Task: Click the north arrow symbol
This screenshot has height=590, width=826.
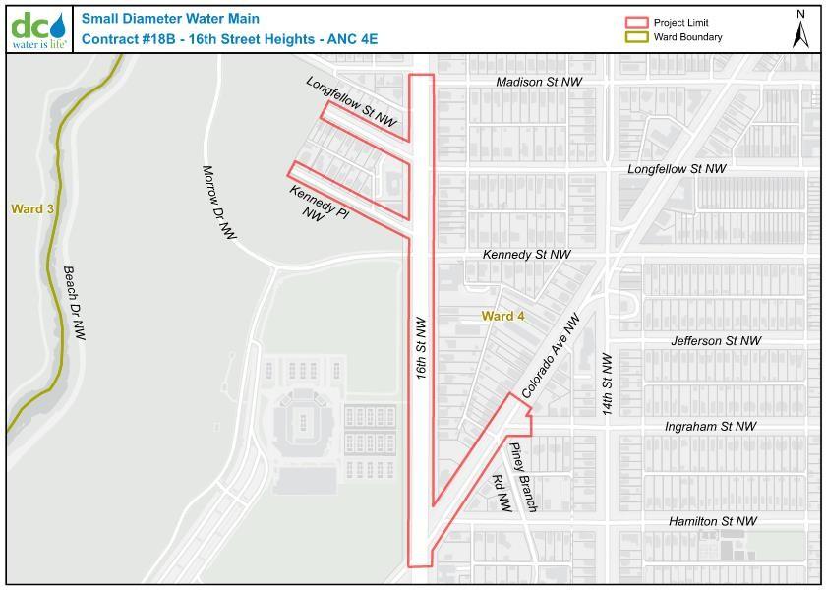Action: pos(800,29)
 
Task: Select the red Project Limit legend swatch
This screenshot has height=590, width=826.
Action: pos(638,22)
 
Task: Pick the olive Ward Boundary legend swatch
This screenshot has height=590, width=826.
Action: pos(638,37)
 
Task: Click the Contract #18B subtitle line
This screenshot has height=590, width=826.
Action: pos(229,39)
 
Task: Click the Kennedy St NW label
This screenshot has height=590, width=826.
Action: pos(526,255)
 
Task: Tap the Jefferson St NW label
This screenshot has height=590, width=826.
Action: pos(716,341)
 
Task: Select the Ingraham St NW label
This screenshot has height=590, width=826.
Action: pos(711,427)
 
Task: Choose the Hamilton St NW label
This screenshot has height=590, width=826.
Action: pos(713,521)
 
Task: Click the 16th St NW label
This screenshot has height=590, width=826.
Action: pos(421,348)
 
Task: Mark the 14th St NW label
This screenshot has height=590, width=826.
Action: pos(608,383)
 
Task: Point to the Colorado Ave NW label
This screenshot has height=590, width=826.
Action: pos(552,356)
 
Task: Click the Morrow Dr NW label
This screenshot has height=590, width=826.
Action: pos(219,203)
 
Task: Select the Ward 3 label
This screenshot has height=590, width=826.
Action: pos(32,208)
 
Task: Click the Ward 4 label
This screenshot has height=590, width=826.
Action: pos(502,316)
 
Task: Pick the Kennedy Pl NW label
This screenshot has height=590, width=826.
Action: pos(318,201)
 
